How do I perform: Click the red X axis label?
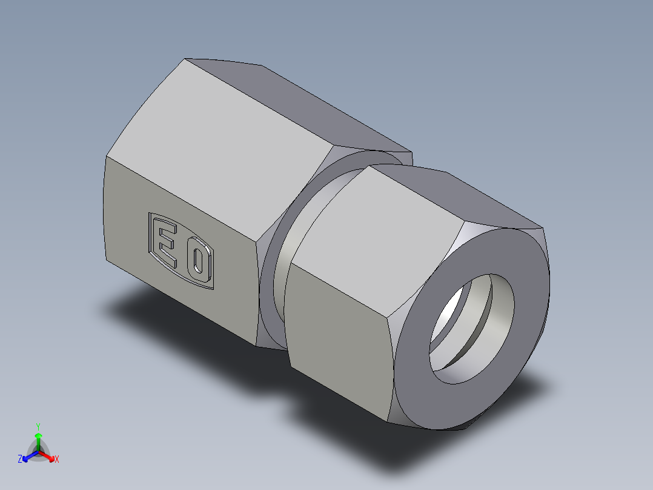[x=57, y=460]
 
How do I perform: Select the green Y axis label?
[x=38, y=426]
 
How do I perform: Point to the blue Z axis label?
[x=20, y=460]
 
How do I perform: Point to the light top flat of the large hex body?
[x=230, y=146]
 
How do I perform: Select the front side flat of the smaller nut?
[x=339, y=340]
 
